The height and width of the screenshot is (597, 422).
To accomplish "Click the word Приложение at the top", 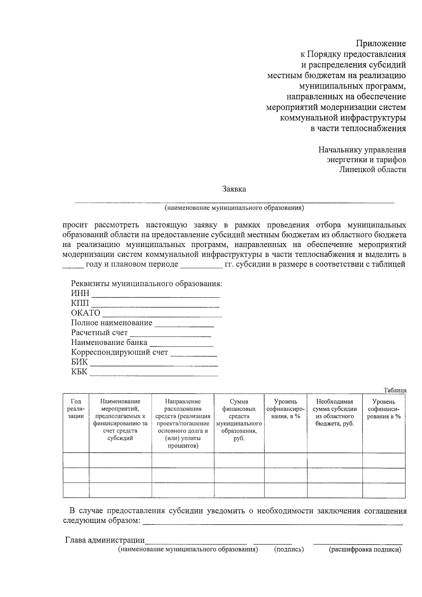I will click(381, 44).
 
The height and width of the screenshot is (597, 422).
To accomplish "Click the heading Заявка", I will click(234, 189).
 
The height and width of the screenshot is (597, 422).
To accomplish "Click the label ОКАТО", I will click(85, 313).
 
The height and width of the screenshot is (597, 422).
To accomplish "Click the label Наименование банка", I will click(109, 343).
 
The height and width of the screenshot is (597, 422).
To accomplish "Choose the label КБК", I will click(79, 372).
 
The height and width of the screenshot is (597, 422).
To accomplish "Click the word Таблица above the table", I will click(395, 390).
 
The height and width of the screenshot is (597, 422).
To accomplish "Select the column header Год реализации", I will click(76, 409).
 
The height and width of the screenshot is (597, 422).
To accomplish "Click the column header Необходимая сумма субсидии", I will click(334, 412).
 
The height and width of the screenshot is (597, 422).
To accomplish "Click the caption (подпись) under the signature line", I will click(289, 550).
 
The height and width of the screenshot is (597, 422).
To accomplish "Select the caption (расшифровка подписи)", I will click(365, 550).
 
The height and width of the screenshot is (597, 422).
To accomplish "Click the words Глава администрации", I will click(105, 540).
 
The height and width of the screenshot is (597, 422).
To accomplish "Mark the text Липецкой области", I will click(372, 170).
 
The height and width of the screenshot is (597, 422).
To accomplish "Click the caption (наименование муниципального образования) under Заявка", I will click(234, 208).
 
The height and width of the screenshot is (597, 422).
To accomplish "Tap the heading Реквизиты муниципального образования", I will click(147, 284).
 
